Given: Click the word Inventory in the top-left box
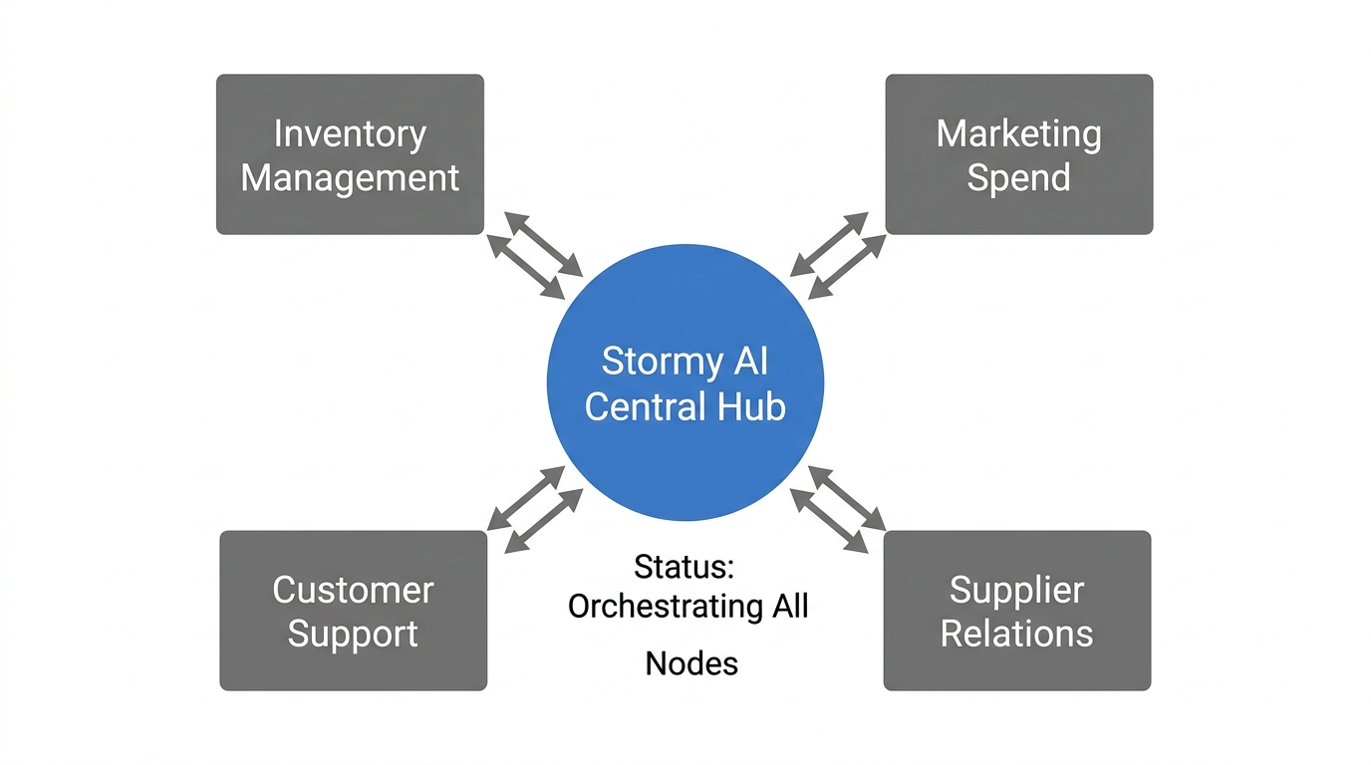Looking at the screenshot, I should tap(350, 133).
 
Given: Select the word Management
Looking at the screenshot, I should tap(350, 178).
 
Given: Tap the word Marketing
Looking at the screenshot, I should tap(1018, 133).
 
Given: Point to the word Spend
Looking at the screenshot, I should tap(1018, 178).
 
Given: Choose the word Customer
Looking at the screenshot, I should tap(353, 590).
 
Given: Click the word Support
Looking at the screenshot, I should tap(353, 635).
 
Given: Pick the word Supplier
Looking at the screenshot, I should tap(1016, 590).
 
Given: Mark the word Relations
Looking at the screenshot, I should tap(1016, 634).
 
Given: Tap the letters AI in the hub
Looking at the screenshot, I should tap(750, 360).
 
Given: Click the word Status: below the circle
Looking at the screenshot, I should tap(685, 567).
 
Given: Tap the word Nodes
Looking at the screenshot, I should tap(691, 663).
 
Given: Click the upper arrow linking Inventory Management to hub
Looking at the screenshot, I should tap(543, 244).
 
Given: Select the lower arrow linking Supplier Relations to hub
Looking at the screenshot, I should tap(828, 520).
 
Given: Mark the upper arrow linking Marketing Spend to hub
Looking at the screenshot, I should tap(829, 244).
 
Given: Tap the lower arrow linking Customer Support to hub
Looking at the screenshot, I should tap(544, 520).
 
